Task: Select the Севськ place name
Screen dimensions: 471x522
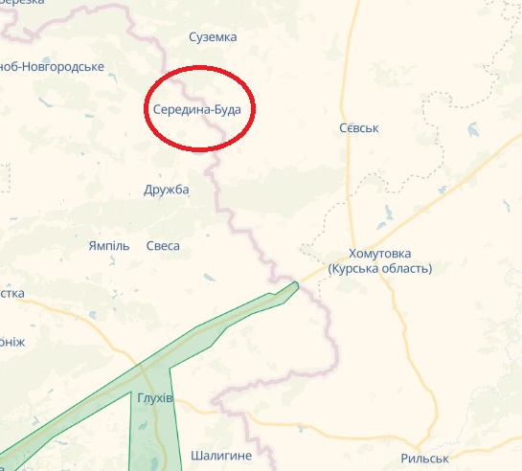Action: coord(360,128)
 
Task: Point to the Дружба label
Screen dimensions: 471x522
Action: coord(167,190)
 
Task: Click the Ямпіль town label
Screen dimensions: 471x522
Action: coord(108,246)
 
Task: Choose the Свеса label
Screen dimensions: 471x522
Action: coord(163,246)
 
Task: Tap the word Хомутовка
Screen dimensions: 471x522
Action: coord(379,254)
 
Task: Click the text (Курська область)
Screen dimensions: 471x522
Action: coord(380,269)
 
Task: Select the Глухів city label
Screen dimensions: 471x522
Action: coord(154,398)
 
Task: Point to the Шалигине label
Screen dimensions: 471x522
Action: coord(221,430)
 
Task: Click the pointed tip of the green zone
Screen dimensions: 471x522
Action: coord(298,283)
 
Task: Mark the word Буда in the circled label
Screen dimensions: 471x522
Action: coord(225,110)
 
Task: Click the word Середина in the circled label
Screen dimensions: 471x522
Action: coord(180,110)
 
